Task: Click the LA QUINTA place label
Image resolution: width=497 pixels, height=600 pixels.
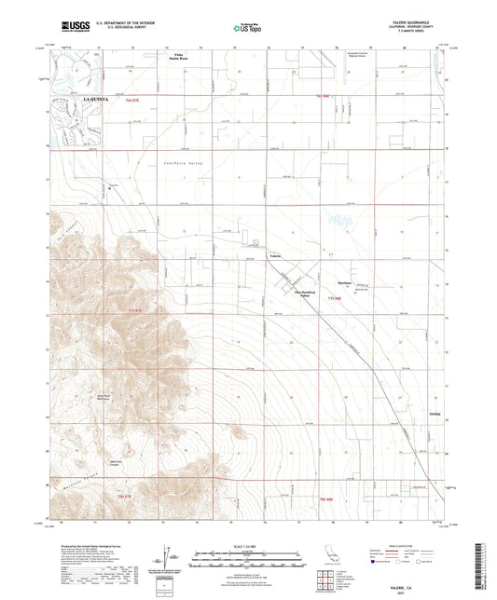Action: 97,97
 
